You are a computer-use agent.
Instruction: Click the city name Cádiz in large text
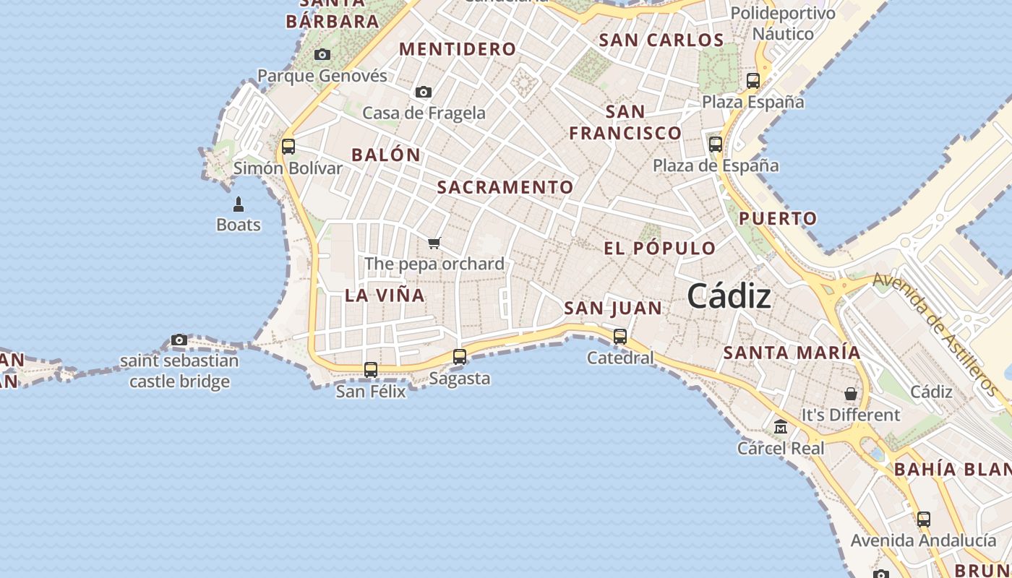point(729,296)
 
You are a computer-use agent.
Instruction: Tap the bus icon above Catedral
point(619,336)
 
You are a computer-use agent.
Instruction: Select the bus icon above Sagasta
point(460,356)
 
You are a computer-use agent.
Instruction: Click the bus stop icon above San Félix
point(371,370)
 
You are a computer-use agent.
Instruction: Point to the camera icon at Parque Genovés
point(322,54)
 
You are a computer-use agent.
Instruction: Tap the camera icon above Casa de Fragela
point(424,92)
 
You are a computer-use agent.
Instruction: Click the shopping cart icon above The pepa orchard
point(434,243)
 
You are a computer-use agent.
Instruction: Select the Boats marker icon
point(239,204)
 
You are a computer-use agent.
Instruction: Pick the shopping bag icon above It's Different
point(851,394)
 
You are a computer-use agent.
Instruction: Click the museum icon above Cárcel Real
point(781,427)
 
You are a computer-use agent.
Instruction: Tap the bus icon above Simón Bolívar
point(288,147)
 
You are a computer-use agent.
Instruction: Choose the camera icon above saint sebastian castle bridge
point(179,340)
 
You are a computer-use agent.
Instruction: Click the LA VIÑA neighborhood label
point(385,296)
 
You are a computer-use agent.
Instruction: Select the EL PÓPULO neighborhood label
point(660,249)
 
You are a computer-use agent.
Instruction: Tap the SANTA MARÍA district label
point(792,353)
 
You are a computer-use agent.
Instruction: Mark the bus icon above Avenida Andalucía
point(924,519)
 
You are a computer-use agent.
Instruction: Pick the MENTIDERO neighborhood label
point(458,49)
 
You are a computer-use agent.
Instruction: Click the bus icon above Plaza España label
point(753,80)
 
